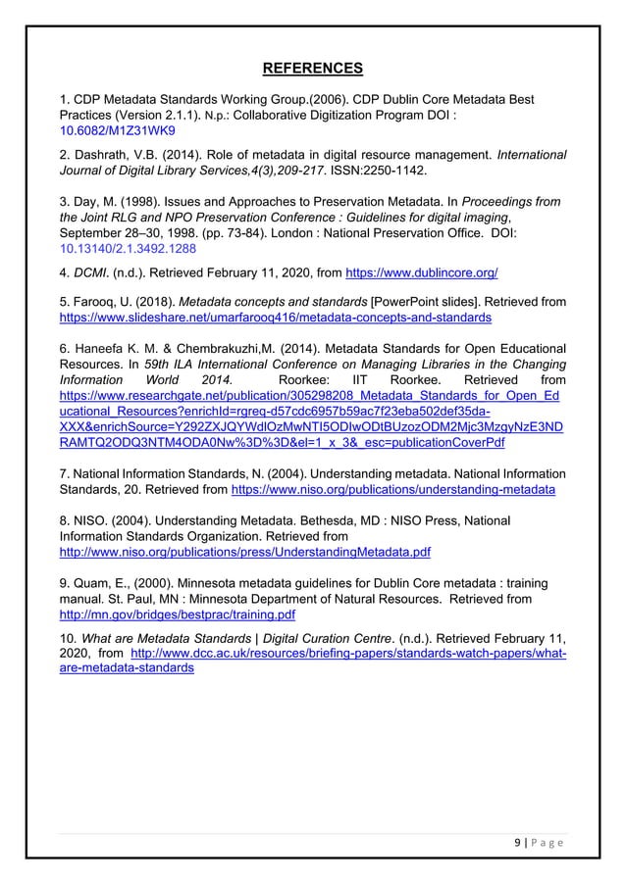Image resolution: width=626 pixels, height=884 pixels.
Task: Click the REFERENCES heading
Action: click(312, 68)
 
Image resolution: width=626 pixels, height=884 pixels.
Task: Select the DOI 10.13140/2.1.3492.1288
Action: click(122, 249)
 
